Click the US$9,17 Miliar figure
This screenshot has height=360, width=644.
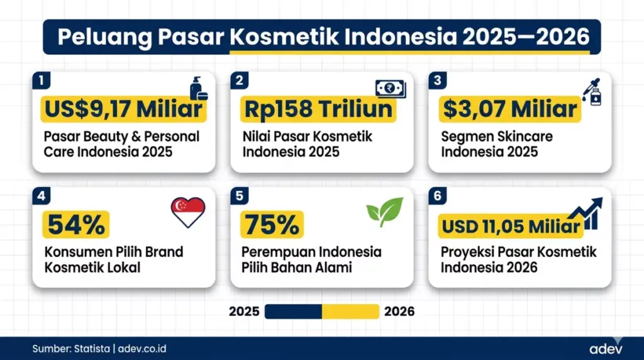(x=123, y=110)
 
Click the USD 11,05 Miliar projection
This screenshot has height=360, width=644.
(x=510, y=225)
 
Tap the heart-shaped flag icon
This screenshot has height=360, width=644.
(x=188, y=213)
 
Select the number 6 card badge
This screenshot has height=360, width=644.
(x=436, y=196)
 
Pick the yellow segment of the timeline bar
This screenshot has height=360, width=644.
(x=350, y=312)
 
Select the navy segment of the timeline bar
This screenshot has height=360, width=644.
(x=293, y=312)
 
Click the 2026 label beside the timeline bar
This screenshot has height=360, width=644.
(x=399, y=312)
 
